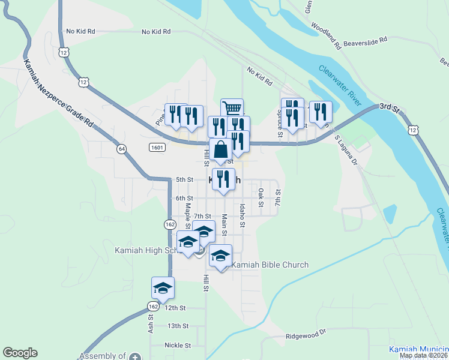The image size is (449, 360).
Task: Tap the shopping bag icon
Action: point(220,149)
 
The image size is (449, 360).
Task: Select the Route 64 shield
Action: point(122,149)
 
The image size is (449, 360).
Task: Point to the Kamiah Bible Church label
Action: point(270,265)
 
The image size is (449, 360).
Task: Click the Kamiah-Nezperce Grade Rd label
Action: point(59,93)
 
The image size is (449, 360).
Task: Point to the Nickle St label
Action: point(178,346)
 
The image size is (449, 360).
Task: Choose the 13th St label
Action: point(178,326)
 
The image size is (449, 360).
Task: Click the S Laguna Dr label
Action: point(347,150)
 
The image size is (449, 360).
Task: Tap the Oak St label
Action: point(261,198)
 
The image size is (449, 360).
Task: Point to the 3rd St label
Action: point(389,107)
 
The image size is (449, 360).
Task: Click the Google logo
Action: point(20,353)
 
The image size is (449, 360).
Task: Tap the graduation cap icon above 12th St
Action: point(162,288)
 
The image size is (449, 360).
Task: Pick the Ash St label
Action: point(151,325)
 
